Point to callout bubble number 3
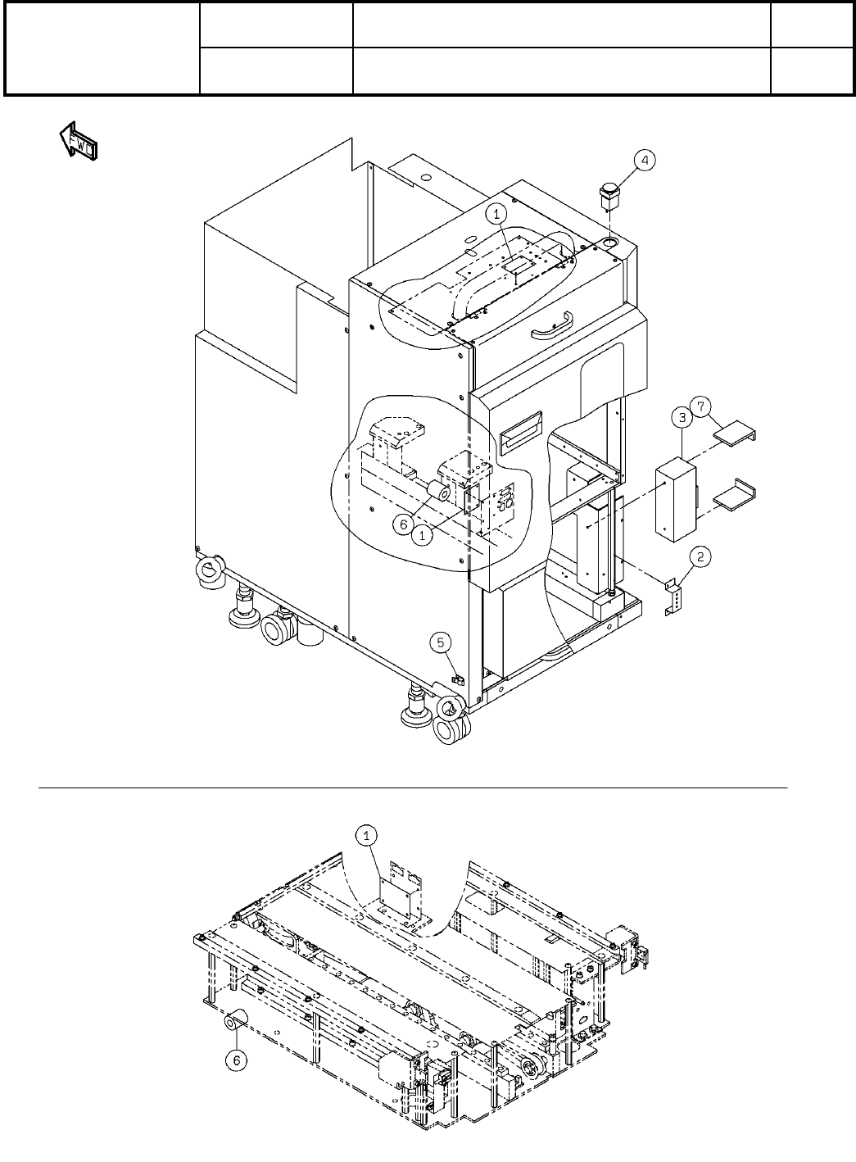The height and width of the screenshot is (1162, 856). click(682, 418)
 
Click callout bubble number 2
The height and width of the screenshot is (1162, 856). click(699, 556)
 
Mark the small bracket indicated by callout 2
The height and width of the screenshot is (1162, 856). click(673, 597)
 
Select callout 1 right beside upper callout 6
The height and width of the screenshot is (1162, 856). click(422, 535)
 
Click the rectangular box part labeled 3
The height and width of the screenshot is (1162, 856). click(676, 502)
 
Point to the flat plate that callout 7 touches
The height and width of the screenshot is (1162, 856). click(736, 433)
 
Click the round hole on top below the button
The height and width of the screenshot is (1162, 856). click(610, 243)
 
